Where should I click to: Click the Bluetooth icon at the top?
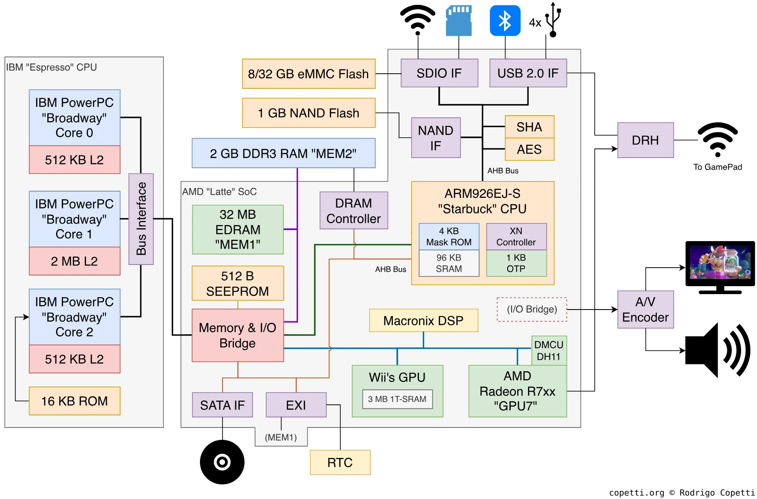pyautogui.click(x=505, y=21)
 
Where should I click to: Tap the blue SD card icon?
pyautogui.click(x=459, y=21)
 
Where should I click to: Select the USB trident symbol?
pyautogui.click(x=553, y=20)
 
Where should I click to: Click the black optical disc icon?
pyautogui.click(x=222, y=462)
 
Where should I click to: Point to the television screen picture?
pyautogui.click(x=720, y=264)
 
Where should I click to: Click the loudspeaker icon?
pyautogui.click(x=717, y=350)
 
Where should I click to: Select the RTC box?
pyautogui.click(x=340, y=462)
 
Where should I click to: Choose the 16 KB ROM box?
pyautogui.click(x=75, y=401)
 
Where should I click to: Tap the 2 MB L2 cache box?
pyautogui.click(x=75, y=261)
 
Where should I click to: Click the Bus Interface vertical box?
pyautogui.click(x=141, y=219)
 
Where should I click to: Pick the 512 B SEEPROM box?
pyautogui.click(x=237, y=284)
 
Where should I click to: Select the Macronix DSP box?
pyautogui.click(x=423, y=321)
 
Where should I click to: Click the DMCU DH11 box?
pyautogui.click(x=549, y=351)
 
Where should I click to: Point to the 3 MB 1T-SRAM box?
pyautogui.click(x=397, y=399)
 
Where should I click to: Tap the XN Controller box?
pyautogui.click(x=516, y=237)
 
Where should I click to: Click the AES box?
pyautogui.click(x=529, y=149)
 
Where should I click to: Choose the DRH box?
pyautogui.click(x=645, y=140)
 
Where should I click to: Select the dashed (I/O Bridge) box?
pyautogui.click(x=532, y=309)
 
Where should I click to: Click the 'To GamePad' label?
pyautogui.click(x=717, y=167)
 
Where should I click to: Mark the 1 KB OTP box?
pyautogui.click(x=516, y=263)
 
